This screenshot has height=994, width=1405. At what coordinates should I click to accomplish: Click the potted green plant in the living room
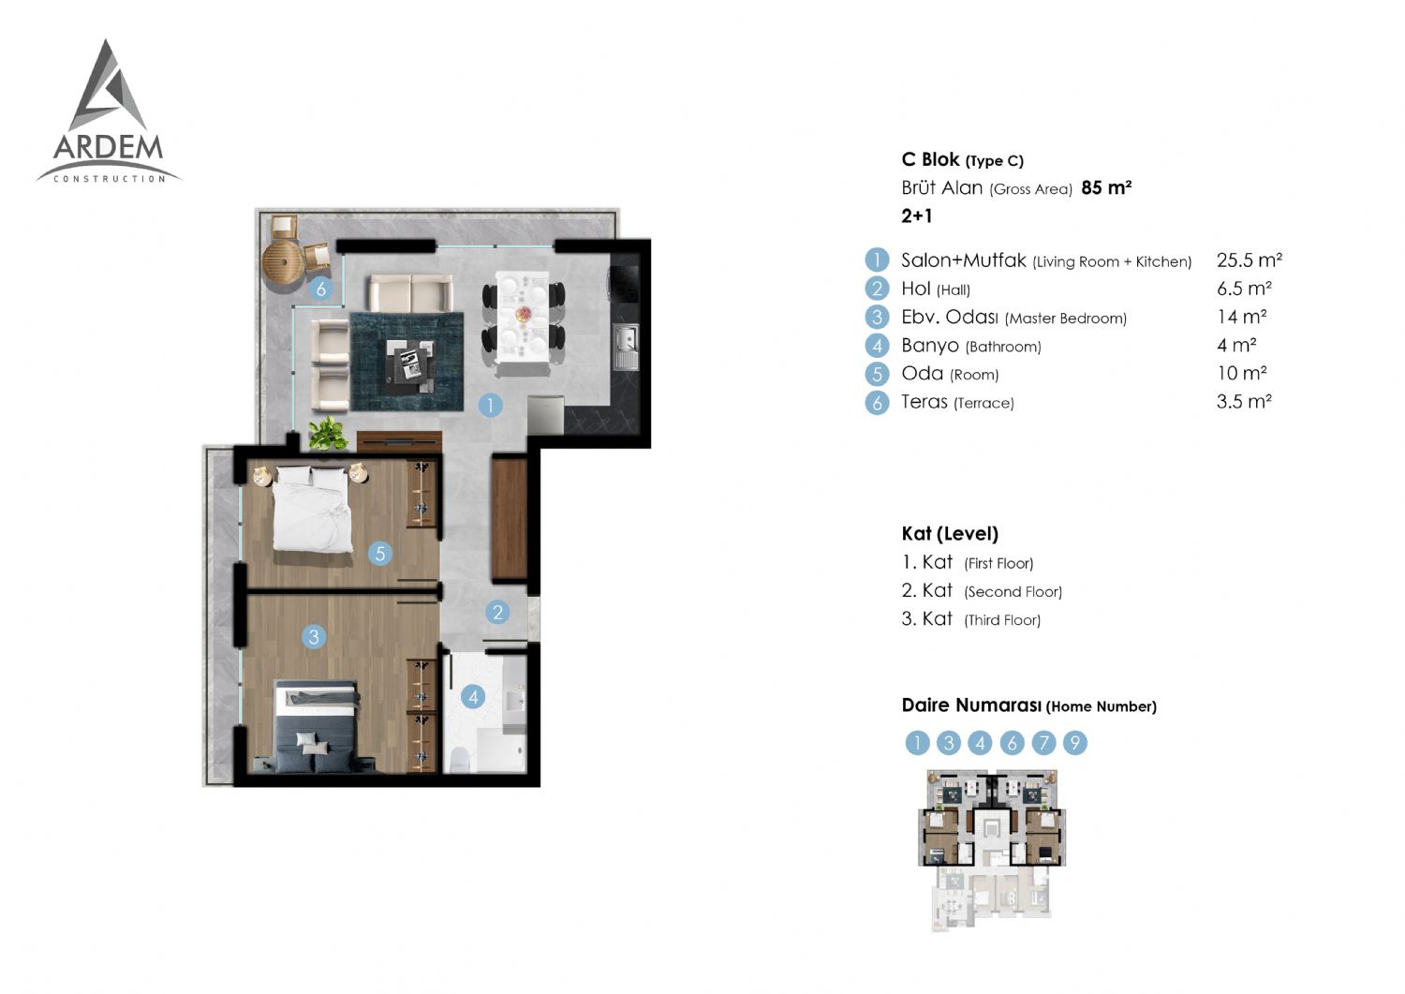pos(328,433)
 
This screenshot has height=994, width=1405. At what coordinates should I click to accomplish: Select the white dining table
pos(522,318)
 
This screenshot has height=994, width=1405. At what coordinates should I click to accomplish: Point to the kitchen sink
pos(626,347)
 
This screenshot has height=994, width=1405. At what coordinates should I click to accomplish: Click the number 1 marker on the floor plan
pos(490,406)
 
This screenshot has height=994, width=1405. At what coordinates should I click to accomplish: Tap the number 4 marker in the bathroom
pos(473,697)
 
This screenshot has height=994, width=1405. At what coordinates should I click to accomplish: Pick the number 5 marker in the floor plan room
pos(380,554)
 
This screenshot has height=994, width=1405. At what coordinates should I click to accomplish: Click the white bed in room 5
pos(312,510)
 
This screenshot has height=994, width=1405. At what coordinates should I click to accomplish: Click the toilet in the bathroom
pos(460,760)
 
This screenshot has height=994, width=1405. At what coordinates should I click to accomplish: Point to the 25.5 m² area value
pos(1249,260)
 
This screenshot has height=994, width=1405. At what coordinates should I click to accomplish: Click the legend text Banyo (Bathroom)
pos(971,346)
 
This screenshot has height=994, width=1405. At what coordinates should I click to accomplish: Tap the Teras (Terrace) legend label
pos(957,402)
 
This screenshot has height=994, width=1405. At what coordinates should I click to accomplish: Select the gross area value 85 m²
pos(1106,187)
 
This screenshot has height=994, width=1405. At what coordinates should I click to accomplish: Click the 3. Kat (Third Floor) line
pos(971,619)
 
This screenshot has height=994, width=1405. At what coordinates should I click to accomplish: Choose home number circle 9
pos(1074,743)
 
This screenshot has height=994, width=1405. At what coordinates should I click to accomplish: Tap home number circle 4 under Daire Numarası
pos(980,743)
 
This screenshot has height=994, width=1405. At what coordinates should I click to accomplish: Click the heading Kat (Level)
pos(950,534)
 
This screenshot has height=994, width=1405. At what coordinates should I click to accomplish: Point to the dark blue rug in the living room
pos(407,362)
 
